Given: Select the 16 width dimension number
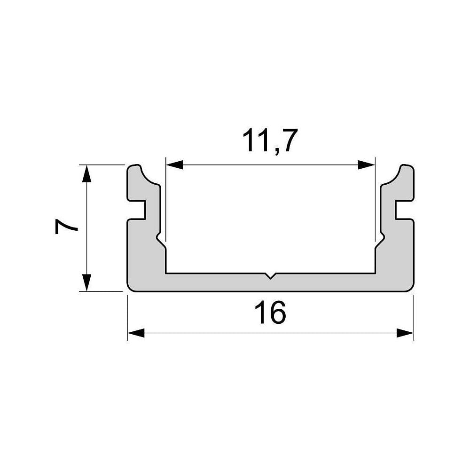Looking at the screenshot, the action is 270,313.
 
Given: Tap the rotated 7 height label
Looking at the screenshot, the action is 66,227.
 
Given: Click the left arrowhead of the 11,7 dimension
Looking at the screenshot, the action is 174,164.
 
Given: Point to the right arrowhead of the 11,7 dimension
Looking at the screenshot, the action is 366,164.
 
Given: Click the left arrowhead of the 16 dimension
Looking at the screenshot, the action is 136,333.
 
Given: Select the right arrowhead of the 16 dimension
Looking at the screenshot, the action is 405,333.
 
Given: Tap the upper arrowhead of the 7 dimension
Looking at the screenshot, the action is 86,173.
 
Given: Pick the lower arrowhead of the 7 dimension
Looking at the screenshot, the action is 86,282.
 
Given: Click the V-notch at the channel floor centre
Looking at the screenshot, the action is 270,276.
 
